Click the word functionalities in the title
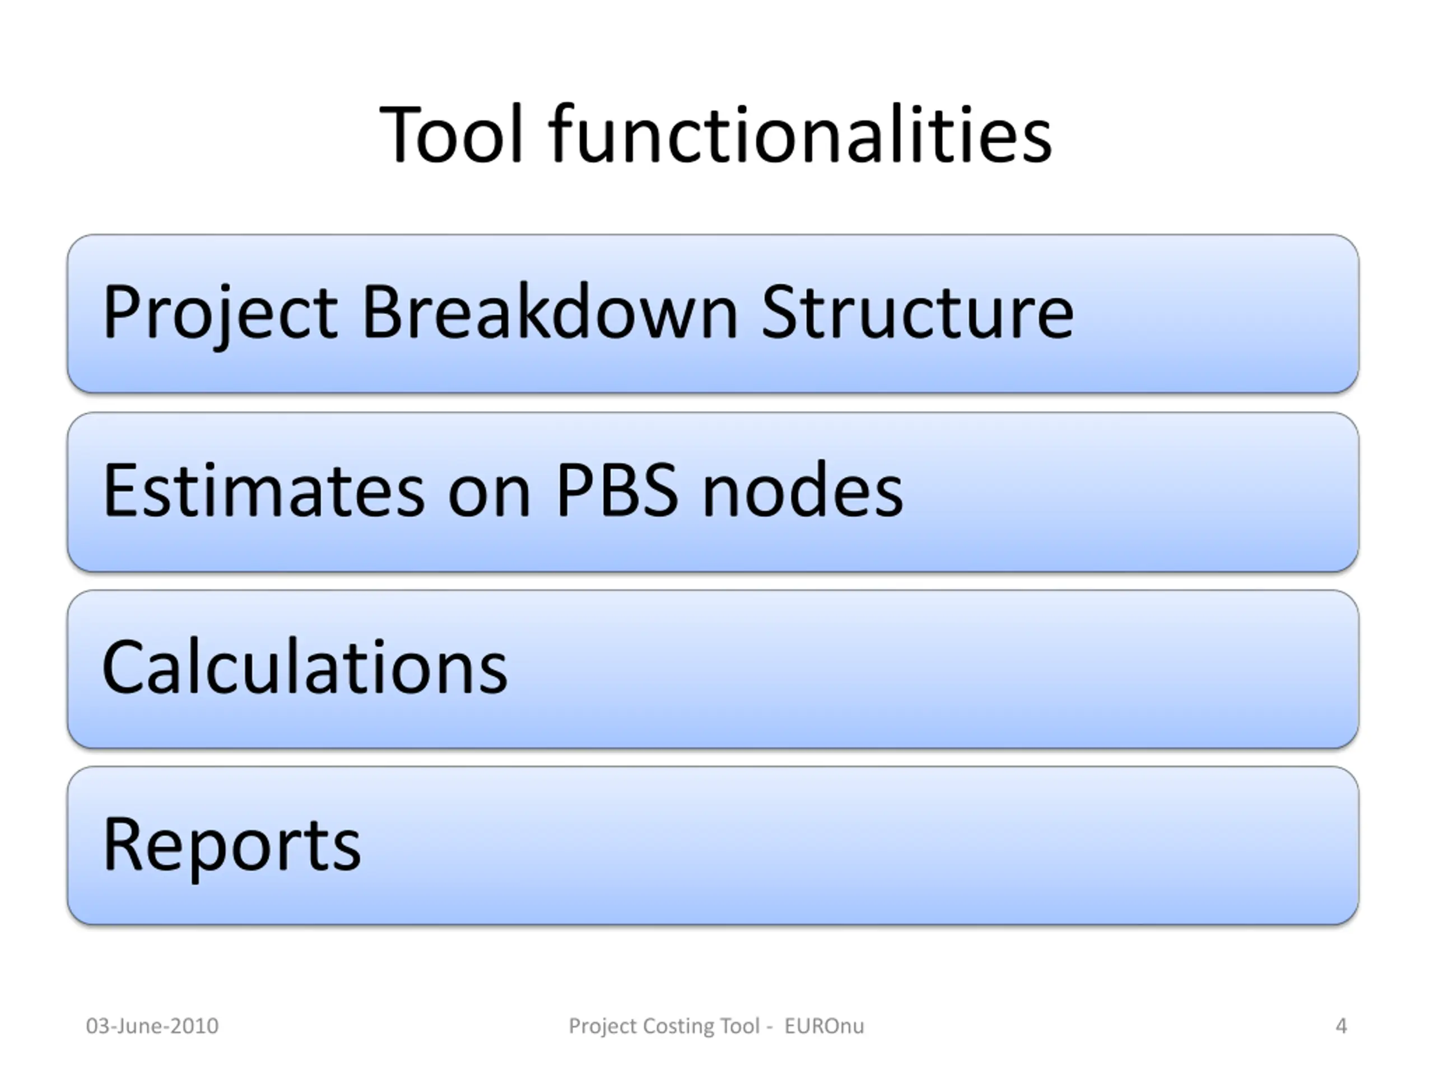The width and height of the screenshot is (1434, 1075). click(x=800, y=133)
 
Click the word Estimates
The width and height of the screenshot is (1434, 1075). click(x=263, y=490)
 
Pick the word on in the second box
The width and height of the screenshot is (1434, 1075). click(x=490, y=498)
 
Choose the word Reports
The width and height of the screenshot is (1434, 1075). click(x=231, y=846)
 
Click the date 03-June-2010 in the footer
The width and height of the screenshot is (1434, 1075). click(x=152, y=1026)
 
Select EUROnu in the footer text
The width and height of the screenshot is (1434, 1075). click(x=824, y=1026)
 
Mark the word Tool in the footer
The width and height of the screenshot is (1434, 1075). click(x=740, y=1026)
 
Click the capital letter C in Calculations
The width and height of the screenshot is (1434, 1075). click(x=126, y=667)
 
